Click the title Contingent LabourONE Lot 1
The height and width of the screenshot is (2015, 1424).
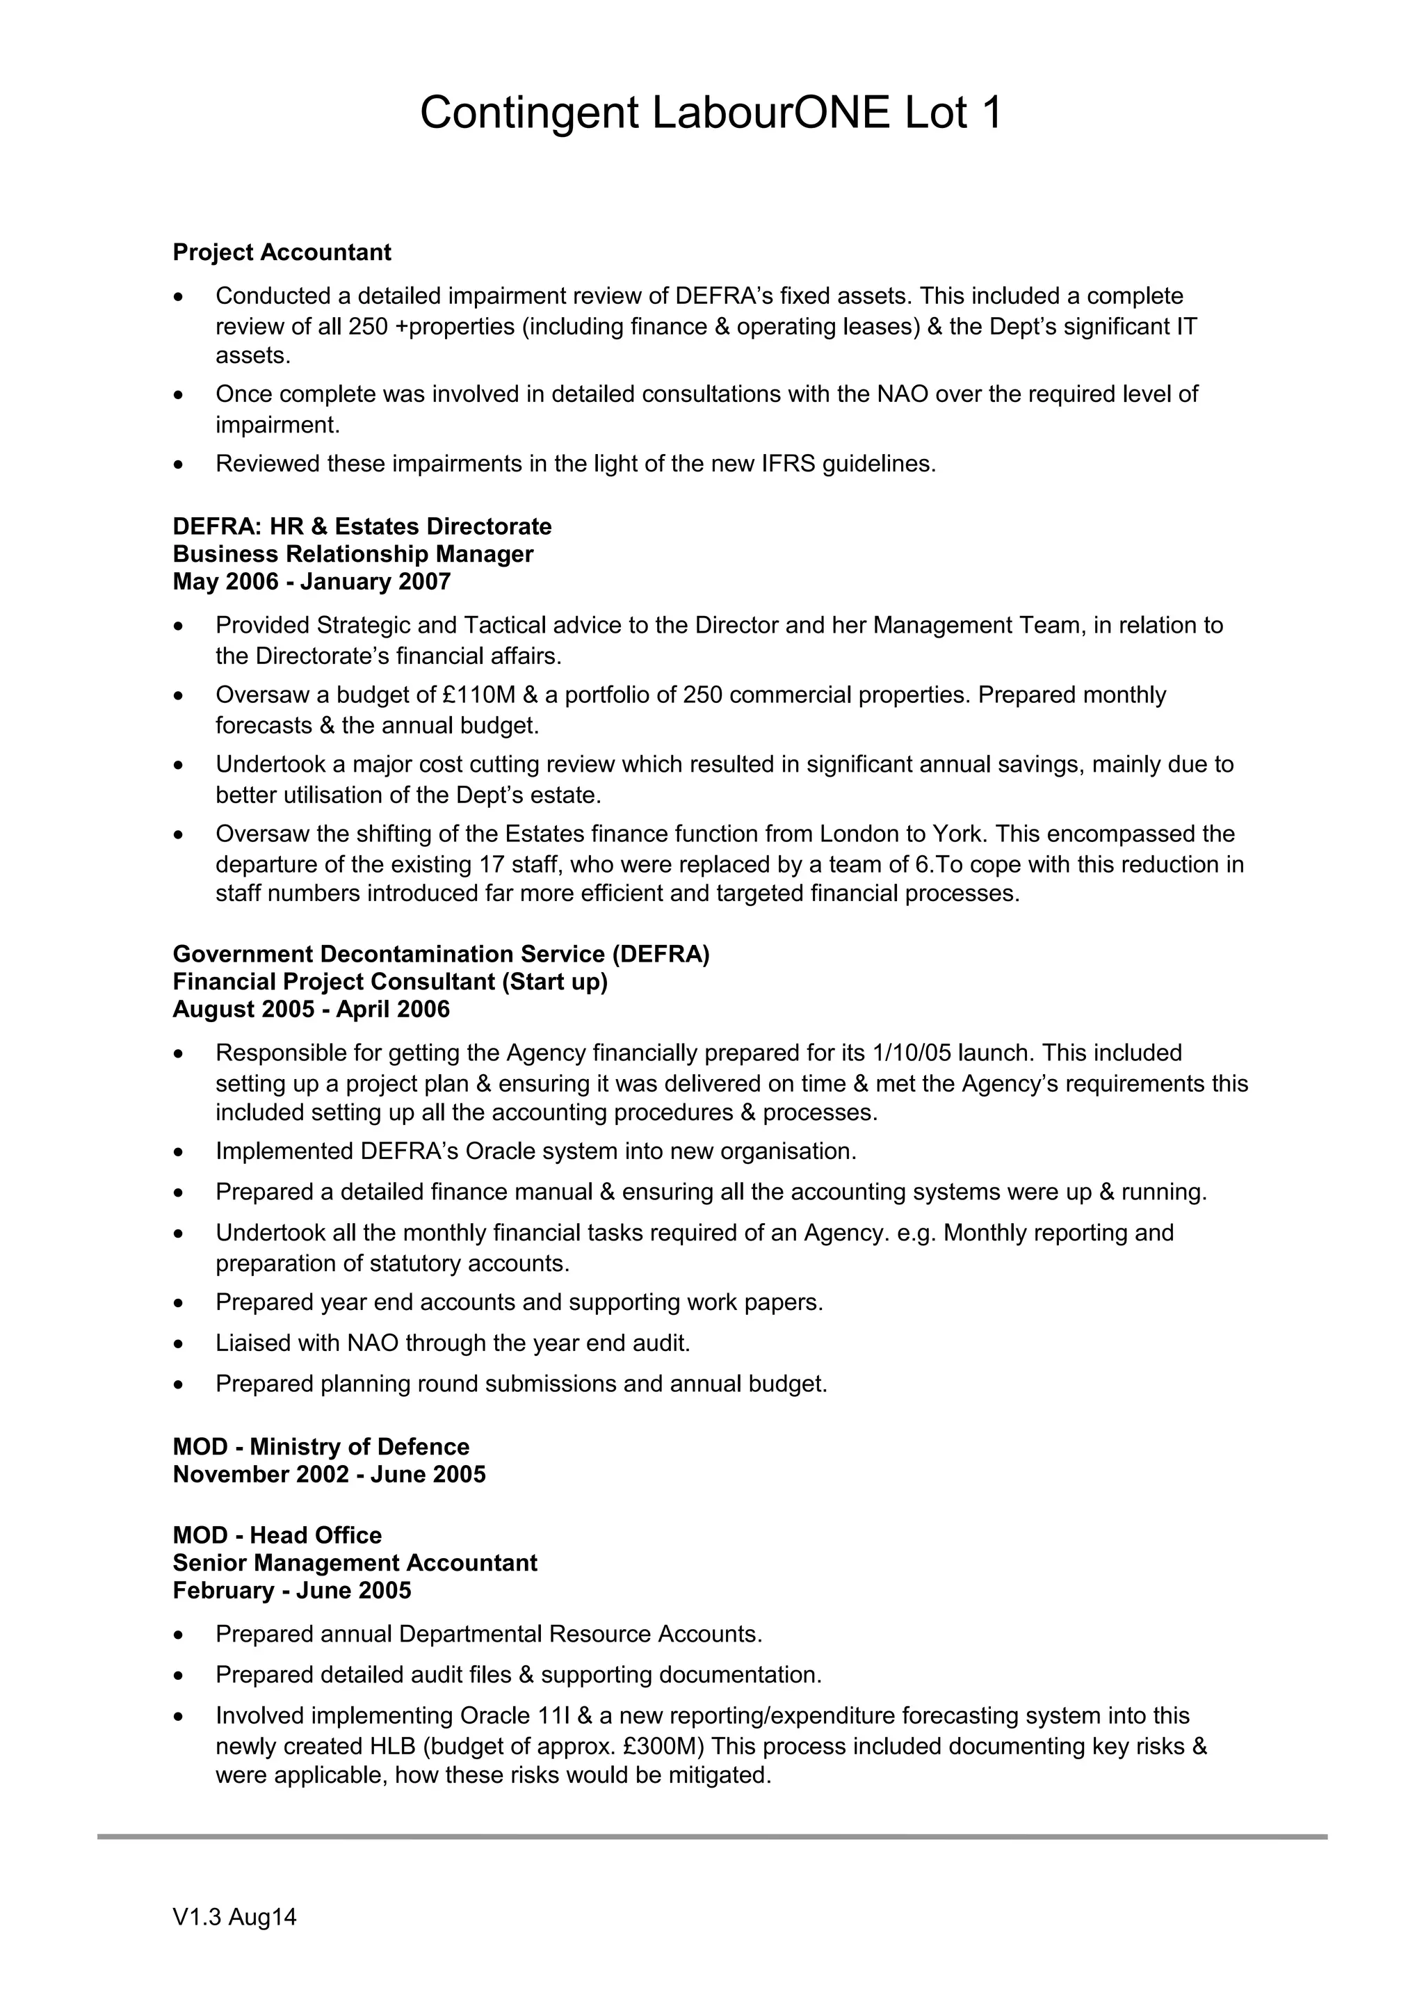711,114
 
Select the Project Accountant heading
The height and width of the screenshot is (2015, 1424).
282,253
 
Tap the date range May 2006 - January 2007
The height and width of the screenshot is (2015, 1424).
311,582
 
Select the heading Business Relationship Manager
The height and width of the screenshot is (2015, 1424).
353,555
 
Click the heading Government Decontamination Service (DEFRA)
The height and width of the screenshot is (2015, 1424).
440,954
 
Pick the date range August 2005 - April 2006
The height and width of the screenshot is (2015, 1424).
311,1010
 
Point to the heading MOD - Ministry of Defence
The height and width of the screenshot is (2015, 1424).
321,1447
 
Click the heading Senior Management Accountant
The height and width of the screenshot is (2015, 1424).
355,1563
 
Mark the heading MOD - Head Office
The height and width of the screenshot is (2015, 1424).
277,1536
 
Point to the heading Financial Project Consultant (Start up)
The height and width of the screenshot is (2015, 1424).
389,982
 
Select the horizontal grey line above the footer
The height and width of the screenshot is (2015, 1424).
711,1837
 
